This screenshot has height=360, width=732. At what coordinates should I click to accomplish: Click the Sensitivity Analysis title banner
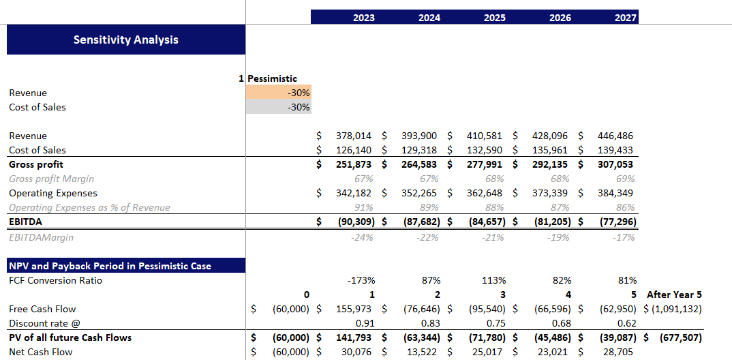click(x=126, y=40)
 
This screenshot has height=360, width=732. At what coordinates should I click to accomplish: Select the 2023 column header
click(x=363, y=18)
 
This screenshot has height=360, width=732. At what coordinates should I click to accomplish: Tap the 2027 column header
click(x=625, y=18)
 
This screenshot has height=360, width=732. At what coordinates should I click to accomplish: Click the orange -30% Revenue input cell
click(x=279, y=93)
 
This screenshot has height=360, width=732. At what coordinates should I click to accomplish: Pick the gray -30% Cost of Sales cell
click(x=279, y=107)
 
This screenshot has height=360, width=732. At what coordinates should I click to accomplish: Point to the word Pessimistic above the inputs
click(x=272, y=78)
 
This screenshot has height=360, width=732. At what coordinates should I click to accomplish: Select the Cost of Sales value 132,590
click(x=486, y=150)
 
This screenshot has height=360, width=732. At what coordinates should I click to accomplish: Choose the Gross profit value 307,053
click(x=615, y=164)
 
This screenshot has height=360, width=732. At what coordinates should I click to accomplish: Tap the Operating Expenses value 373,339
click(x=551, y=193)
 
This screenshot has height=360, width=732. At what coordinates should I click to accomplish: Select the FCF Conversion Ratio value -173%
click(x=361, y=280)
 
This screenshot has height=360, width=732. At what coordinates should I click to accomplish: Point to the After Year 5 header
click(x=675, y=295)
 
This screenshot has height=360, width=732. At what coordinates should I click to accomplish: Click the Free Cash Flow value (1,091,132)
click(x=677, y=309)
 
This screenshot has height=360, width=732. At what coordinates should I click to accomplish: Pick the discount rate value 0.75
click(x=495, y=323)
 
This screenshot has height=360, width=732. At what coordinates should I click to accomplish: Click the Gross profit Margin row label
click(x=51, y=179)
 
